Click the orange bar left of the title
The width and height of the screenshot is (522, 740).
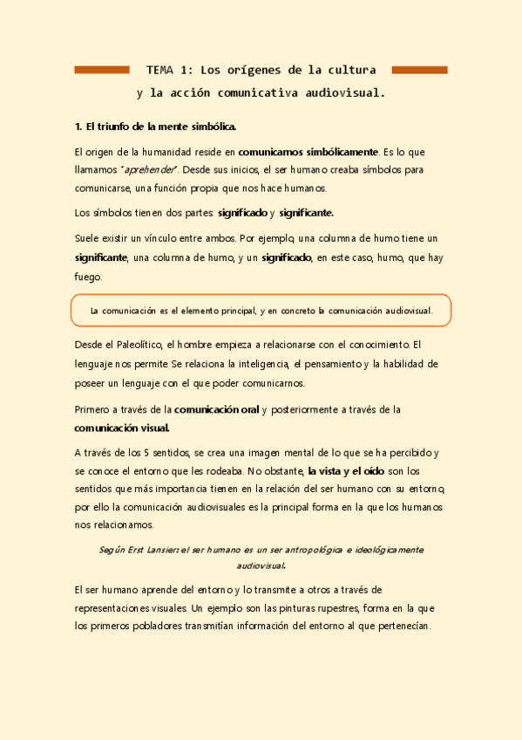102,70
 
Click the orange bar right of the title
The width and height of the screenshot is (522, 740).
419,70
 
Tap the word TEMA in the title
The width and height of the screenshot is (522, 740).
160,70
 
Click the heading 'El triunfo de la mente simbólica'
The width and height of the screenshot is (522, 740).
156,127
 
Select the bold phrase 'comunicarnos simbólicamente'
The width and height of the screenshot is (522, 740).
308,152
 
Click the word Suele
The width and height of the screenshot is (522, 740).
89,237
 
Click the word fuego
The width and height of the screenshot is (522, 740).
88,277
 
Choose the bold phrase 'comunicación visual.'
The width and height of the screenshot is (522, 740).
122,428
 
